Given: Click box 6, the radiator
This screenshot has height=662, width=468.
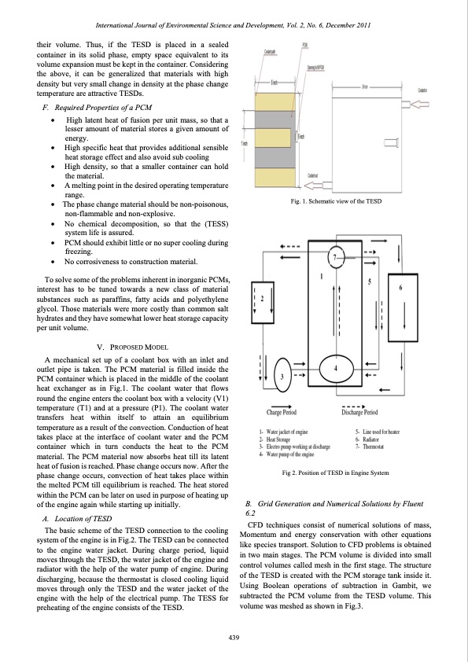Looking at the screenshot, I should click(402, 299).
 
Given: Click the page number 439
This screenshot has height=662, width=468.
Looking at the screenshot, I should click(234, 636).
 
